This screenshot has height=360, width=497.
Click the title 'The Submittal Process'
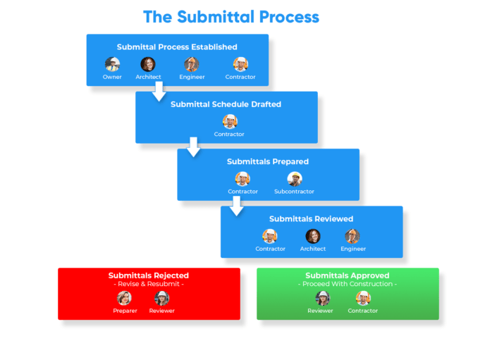pos(231,16)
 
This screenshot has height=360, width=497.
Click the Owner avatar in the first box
pos(112,65)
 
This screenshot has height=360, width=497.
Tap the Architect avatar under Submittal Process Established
pos(148,65)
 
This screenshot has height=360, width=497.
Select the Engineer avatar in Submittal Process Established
pos(192,65)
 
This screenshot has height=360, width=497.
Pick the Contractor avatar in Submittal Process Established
pos(240,65)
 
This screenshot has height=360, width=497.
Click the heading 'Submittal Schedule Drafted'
pos(226,104)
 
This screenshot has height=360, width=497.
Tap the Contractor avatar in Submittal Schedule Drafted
pos(230,122)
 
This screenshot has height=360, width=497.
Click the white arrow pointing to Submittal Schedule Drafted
pos(159,91)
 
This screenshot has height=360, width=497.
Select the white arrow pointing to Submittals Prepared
pos(193,147)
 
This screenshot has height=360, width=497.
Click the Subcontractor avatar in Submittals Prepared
pos(294,179)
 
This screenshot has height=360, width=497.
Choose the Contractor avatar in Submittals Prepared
pos(243,179)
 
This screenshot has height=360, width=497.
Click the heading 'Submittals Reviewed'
pos(311,219)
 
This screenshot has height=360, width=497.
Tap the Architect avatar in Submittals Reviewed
pos(312,237)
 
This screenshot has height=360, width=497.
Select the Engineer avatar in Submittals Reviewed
pos(352,237)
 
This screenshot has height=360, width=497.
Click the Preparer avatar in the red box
pos(124,298)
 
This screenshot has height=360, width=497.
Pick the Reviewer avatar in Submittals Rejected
pos(161,298)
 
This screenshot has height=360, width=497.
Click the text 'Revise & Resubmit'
pos(149,284)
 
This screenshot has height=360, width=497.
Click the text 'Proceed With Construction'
pos(347,284)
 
